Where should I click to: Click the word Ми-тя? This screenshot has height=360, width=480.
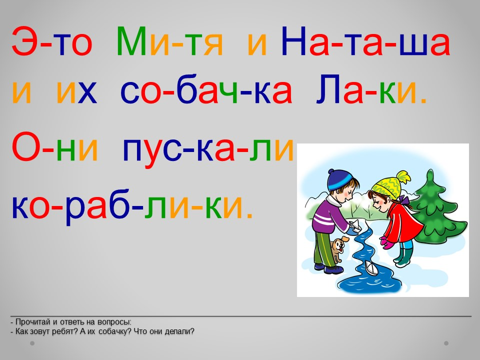tap(170, 41)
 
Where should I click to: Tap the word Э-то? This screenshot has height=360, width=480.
tap(51, 41)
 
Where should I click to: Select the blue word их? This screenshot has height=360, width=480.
tap(77, 92)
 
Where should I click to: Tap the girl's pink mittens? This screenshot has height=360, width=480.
tap(387, 242)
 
